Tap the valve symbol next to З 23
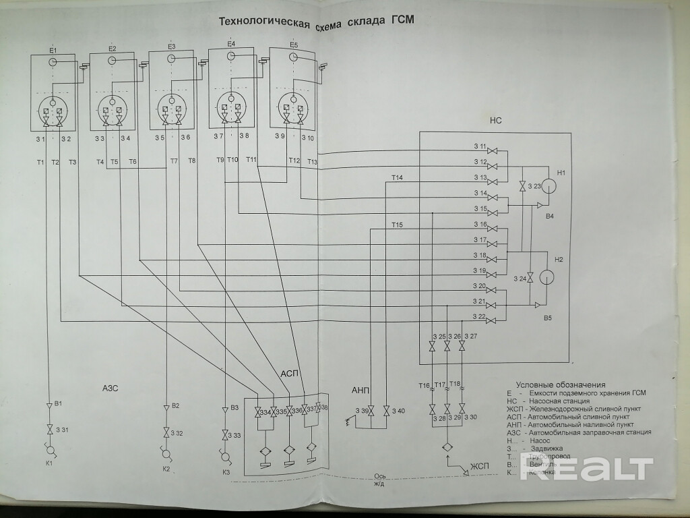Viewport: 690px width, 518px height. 522,186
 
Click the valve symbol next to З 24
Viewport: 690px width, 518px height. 530,277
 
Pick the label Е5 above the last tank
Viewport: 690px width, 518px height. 293,45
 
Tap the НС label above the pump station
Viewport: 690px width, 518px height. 495,121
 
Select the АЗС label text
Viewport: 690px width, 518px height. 111,388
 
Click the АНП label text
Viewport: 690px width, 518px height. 361,390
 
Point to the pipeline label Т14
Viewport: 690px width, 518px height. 396,177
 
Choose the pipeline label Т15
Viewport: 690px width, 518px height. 396,224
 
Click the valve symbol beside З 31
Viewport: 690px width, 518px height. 49,429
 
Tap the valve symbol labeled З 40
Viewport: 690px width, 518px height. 386,411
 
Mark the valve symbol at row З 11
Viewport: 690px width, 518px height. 493,149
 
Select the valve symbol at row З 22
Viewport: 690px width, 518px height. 493,319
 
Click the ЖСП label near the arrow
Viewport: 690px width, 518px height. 480,466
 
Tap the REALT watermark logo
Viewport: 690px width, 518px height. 586,469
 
